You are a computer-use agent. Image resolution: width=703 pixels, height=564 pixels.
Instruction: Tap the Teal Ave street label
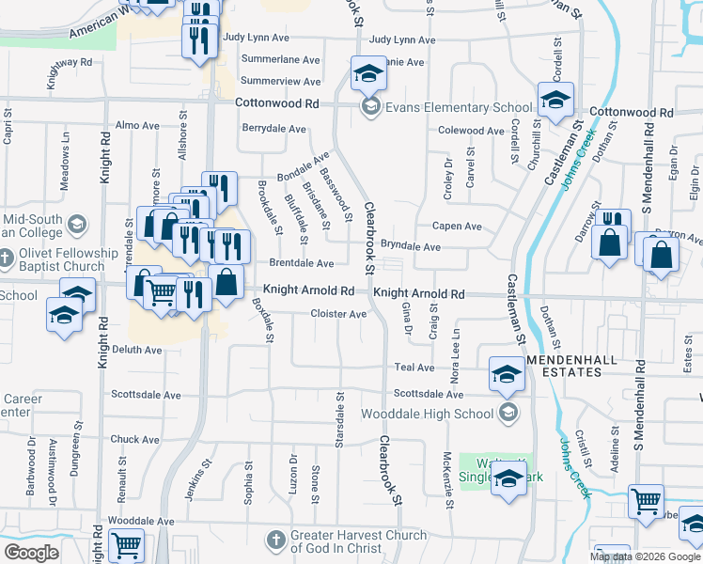[414, 368]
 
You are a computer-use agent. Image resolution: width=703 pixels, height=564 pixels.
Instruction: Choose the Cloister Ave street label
[338, 314]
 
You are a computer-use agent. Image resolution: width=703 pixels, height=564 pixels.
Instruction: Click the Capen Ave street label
[457, 227]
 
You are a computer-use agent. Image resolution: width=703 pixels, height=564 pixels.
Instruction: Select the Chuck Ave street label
[135, 439]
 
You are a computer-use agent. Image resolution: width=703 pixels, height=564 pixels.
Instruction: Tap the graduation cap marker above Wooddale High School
[507, 374]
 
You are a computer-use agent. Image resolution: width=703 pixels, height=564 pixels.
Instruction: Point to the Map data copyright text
[645, 556]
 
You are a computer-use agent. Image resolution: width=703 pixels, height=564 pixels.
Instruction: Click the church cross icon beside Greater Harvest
[274, 541]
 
